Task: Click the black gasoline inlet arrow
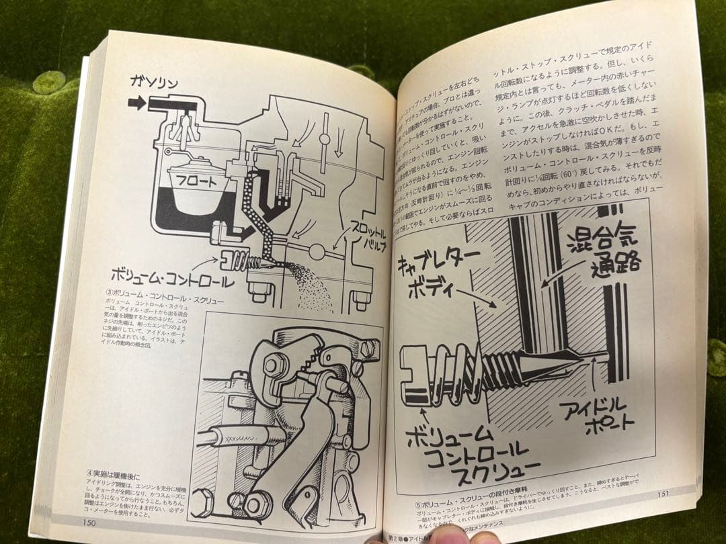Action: [137, 103]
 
